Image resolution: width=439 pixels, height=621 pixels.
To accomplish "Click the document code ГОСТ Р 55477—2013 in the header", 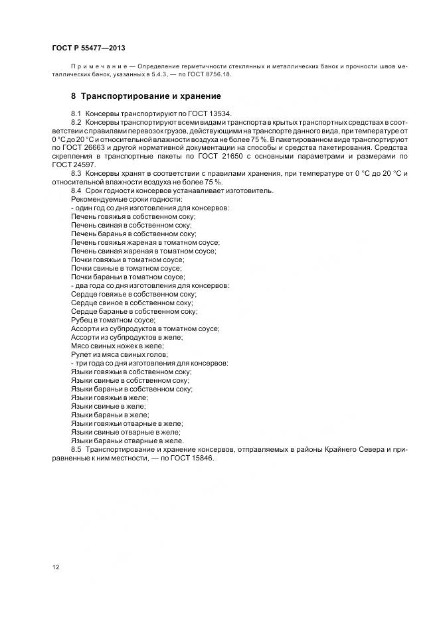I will (x=88, y=49).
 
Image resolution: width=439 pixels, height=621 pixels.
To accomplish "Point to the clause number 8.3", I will (x=76, y=173).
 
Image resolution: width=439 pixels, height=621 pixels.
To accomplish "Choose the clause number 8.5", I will (x=76, y=450).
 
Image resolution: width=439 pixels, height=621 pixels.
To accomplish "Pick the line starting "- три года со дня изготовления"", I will (x=149, y=363).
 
